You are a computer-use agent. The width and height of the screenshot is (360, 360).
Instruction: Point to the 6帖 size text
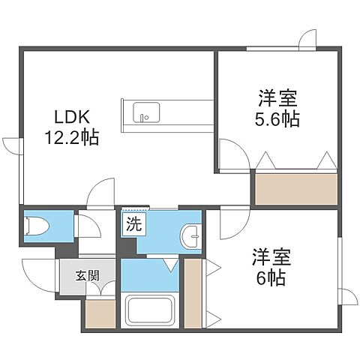(272, 277)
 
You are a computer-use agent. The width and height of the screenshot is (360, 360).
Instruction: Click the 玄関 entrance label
(86, 275)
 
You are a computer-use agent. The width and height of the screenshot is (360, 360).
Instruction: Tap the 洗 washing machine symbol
(132, 223)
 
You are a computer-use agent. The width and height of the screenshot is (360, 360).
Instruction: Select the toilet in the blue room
(35, 226)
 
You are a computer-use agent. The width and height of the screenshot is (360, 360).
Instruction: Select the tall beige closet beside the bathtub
(193, 292)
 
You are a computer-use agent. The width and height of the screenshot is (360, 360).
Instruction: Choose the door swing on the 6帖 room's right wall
(348, 296)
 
